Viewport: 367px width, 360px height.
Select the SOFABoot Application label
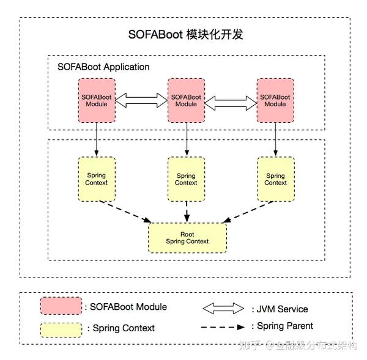[x=103, y=67]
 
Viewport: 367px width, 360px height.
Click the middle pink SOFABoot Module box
[x=186, y=100]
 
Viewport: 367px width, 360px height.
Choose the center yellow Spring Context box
[x=186, y=179]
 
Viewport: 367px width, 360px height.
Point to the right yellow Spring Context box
[x=275, y=179]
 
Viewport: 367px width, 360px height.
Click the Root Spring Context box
[x=187, y=238]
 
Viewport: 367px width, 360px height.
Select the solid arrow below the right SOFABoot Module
[x=275, y=139]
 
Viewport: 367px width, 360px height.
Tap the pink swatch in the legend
[x=61, y=306]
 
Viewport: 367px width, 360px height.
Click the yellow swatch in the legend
[x=61, y=329]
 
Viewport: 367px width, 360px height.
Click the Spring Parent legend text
[x=285, y=326]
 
